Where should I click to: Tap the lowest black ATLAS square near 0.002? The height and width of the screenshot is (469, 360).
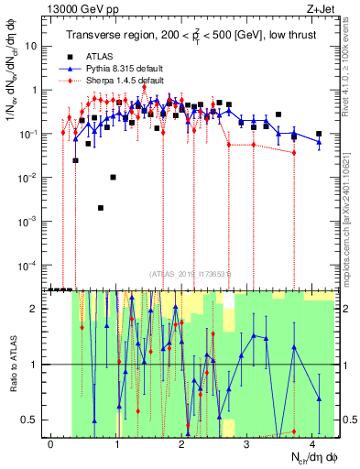(101, 208)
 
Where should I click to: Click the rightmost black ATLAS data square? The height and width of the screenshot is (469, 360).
(319, 134)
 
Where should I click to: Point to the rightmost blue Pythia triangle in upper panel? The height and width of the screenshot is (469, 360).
(319, 142)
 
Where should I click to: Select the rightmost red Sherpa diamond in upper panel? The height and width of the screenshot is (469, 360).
(294, 152)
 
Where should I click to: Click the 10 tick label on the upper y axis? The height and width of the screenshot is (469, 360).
(35, 46)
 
